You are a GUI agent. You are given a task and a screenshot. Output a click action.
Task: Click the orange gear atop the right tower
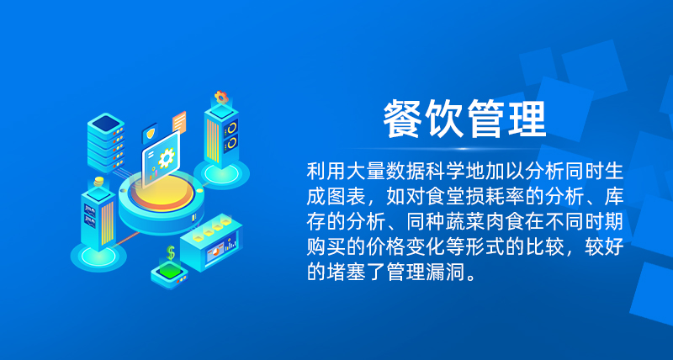(221, 97)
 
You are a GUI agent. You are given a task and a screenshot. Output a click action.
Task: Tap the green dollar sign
(171, 252)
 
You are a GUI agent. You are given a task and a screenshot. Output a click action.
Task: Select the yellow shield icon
(151, 134)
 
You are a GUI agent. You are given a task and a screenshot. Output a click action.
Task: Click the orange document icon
(179, 121)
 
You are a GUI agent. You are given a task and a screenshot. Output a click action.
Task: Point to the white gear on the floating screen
(166, 157)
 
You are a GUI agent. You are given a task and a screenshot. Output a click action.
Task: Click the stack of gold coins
(99, 181)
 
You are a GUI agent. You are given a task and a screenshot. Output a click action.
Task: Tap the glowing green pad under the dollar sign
(170, 271)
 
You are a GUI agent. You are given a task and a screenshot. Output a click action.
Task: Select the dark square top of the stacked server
(106, 123)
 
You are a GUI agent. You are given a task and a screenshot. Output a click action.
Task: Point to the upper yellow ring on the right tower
(232, 128)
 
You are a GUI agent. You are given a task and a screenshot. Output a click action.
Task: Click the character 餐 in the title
(402, 119)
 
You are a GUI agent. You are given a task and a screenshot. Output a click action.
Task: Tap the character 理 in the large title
(527, 119)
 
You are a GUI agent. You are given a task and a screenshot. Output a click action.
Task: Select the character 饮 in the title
(443, 119)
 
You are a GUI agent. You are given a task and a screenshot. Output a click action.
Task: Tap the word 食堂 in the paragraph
(445, 197)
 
